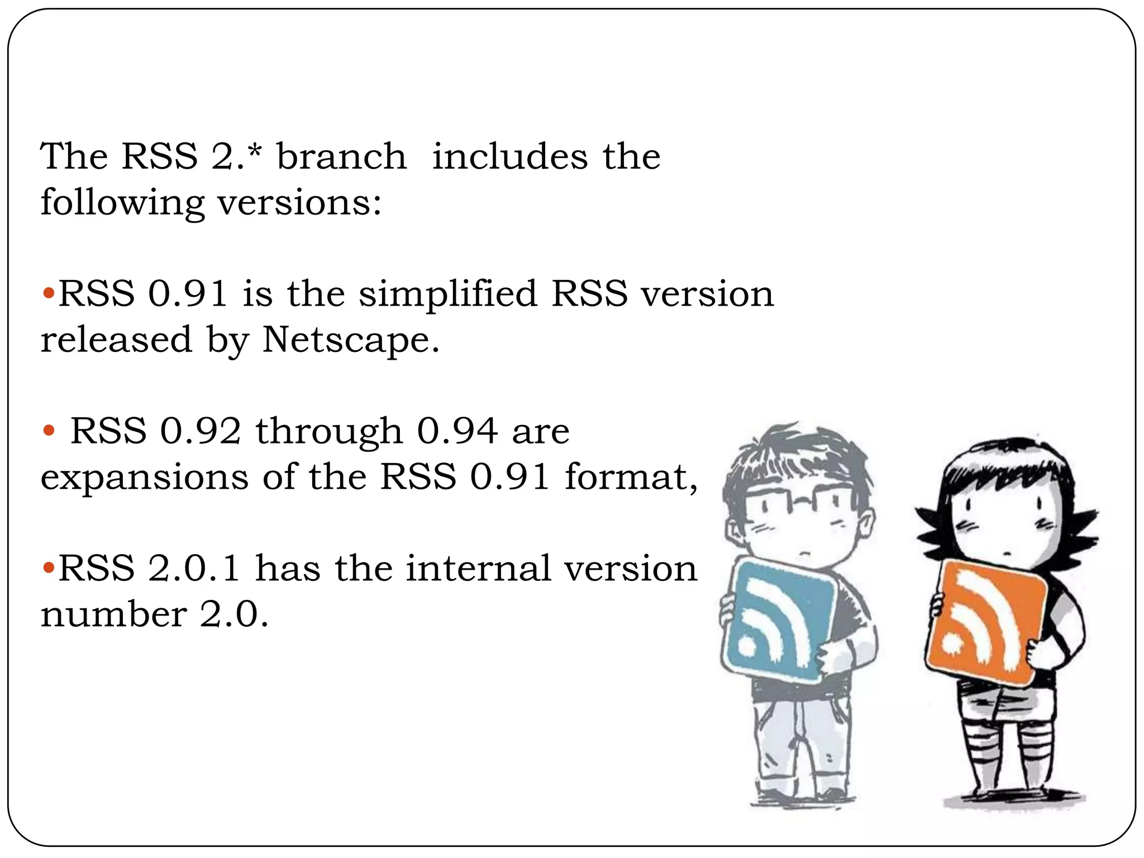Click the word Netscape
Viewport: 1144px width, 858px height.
tap(350, 340)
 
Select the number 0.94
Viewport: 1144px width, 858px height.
tap(457, 431)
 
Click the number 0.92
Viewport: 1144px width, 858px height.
tap(201, 431)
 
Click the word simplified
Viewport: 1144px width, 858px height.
tap(447, 294)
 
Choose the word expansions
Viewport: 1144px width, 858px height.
tap(144, 478)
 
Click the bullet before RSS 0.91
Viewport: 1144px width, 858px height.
tap(49, 293)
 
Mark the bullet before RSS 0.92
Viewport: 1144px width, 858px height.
tap(49, 431)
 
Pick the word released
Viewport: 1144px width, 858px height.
tap(116, 340)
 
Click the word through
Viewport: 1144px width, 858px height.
tap(329, 432)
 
